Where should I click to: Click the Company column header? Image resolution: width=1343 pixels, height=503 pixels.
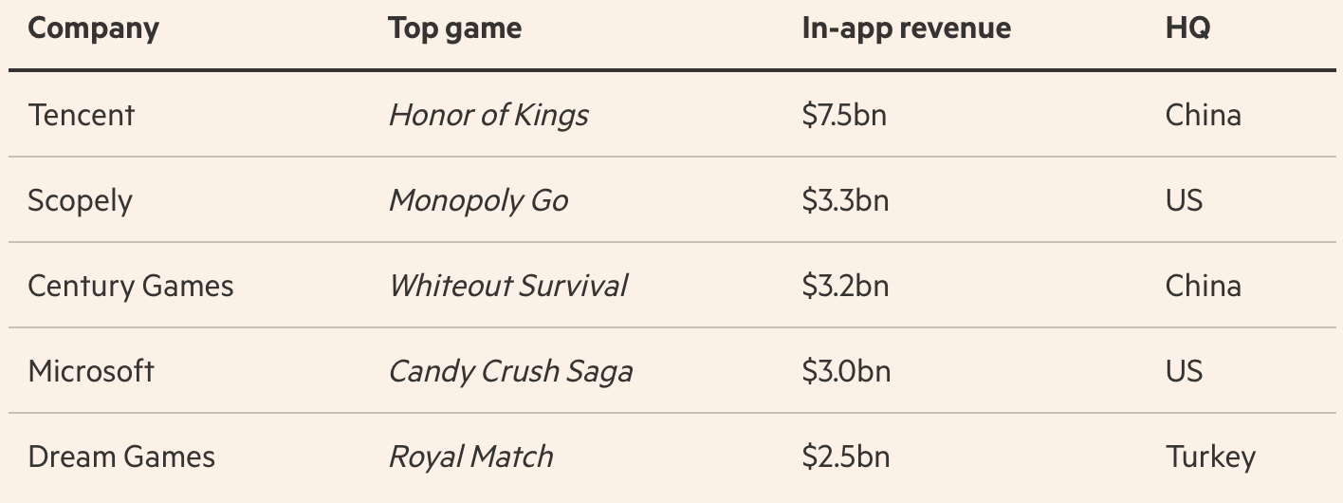[93, 29]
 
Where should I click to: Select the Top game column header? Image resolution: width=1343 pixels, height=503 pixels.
[454, 29]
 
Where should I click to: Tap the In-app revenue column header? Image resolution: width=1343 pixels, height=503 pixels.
[906, 28]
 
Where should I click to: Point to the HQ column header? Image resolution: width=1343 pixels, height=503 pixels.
[1187, 28]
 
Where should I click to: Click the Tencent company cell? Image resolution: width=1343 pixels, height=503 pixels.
[82, 116]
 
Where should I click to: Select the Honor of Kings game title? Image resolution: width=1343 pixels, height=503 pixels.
[488, 116]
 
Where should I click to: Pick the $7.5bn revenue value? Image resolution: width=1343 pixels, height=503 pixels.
[844, 116]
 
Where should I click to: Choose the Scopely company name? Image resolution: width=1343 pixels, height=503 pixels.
[80, 201]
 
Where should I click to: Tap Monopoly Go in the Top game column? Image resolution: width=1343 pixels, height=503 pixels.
[478, 201]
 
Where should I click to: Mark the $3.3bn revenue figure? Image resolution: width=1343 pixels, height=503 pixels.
[845, 201]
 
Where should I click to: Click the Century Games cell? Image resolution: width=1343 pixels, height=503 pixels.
[131, 287]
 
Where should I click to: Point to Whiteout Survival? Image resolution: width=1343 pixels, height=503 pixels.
[507, 287]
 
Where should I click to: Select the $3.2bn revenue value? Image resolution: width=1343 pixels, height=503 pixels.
[845, 287]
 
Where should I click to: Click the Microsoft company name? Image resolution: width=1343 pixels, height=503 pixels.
[91, 371]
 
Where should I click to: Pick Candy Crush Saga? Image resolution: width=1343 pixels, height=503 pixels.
[510, 371]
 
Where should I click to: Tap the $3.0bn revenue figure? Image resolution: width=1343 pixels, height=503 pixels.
[846, 371]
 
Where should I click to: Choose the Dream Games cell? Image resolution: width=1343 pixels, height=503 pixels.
[121, 457]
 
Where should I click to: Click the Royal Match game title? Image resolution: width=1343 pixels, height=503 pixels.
[470, 457]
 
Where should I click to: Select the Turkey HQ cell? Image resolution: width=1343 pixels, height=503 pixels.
[1210, 457]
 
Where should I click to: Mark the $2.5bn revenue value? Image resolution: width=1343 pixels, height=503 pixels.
[845, 457]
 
